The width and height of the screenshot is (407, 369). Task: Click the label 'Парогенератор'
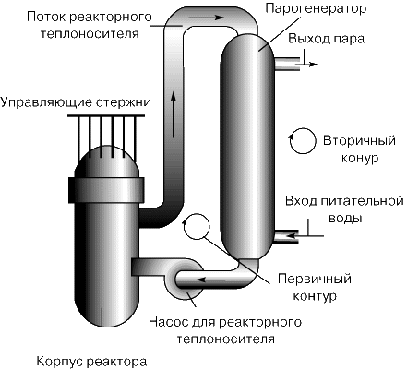coord(316,9)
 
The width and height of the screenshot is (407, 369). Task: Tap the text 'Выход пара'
coord(327,39)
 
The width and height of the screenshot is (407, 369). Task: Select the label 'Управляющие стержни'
coord(76,102)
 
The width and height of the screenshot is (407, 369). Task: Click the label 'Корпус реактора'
coord(91,361)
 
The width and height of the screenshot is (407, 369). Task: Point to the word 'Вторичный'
coord(359,140)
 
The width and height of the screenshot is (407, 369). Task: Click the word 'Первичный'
coord(315,279)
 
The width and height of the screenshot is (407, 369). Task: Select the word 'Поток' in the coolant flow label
coord(46,17)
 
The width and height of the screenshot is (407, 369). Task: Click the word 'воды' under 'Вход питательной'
coord(345,219)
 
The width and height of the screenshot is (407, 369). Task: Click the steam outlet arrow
coord(306,65)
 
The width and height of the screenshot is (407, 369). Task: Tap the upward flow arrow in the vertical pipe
coord(174,114)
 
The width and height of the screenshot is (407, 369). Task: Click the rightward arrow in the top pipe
coord(206,18)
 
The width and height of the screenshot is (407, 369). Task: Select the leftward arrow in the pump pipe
coord(212,280)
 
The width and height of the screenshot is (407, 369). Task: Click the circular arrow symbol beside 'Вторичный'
coord(303,140)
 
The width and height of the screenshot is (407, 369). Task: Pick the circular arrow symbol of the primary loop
coord(196,227)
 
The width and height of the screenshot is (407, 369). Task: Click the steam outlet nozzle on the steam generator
coord(286,65)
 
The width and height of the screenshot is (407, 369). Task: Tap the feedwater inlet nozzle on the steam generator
coord(286,236)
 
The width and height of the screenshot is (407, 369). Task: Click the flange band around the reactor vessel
coord(106,190)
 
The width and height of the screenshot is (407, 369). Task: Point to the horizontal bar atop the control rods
coord(106,116)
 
